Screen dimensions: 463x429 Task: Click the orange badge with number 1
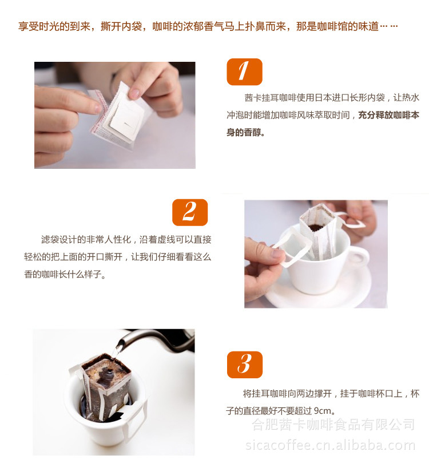tap(244, 72)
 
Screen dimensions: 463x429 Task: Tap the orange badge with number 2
tap(189, 212)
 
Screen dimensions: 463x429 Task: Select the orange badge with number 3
tap(244, 365)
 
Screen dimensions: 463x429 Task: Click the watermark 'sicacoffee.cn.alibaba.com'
tap(331, 445)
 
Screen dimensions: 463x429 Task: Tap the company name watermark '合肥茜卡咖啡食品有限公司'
tap(333, 424)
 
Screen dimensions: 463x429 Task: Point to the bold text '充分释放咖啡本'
tap(389, 115)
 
